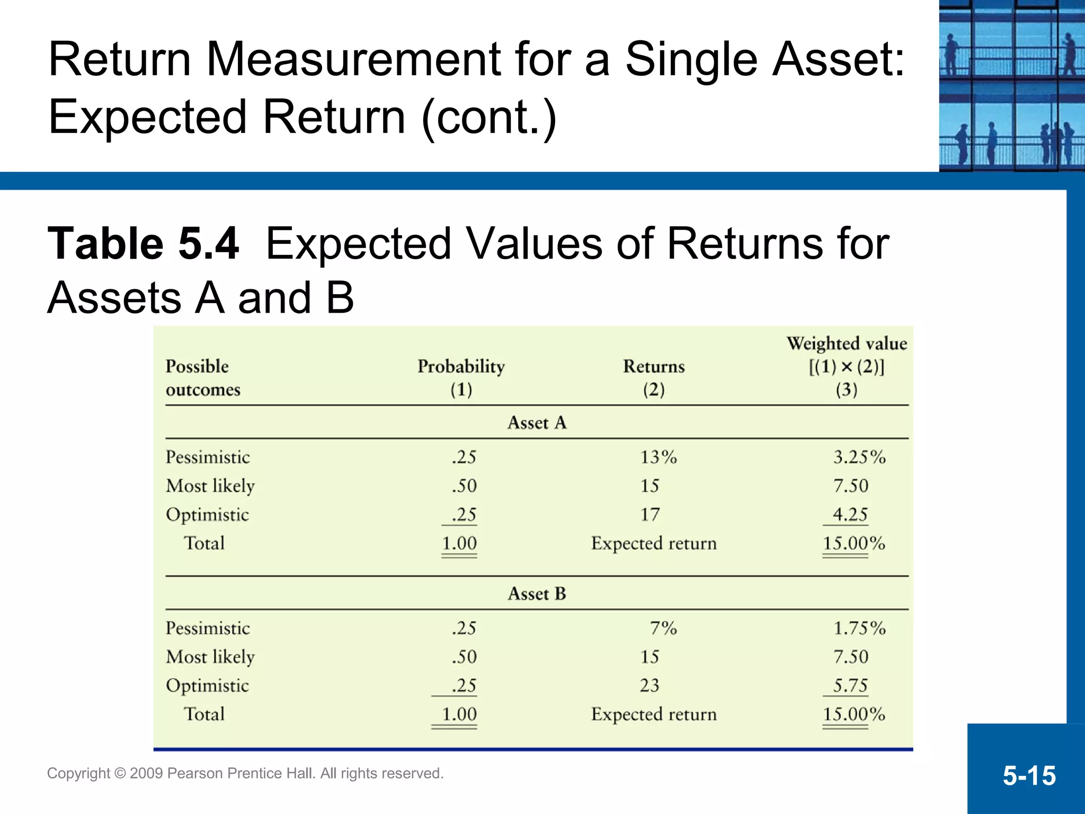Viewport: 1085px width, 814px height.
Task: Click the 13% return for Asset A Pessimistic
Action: [x=658, y=457]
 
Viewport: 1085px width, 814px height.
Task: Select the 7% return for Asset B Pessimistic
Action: [x=663, y=628]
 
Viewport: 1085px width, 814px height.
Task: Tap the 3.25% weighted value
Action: [x=859, y=457]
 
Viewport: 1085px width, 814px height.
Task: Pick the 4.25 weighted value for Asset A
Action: [x=850, y=515]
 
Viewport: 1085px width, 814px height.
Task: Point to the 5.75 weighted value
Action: [x=850, y=686]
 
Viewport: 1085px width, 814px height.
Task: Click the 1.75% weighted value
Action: [x=859, y=628]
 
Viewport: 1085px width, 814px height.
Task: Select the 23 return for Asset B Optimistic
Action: [x=650, y=686]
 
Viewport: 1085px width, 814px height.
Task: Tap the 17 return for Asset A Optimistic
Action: [x=650, y=515]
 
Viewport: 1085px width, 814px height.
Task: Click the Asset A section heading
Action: [x=537, y=423]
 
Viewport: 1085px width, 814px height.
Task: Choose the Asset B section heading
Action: [x=537, y=594]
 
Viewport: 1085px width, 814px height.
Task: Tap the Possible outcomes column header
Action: [x=203, y=377]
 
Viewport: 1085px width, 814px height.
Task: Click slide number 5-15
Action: [x=1029, y=776]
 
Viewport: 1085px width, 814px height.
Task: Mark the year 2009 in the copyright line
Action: [x=146, y=773]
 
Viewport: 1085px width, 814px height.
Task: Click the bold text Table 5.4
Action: [x=143, y=244]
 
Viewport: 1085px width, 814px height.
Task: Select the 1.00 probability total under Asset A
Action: [x=459, y=544]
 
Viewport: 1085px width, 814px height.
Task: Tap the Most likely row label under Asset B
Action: [x=210, y=657]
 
